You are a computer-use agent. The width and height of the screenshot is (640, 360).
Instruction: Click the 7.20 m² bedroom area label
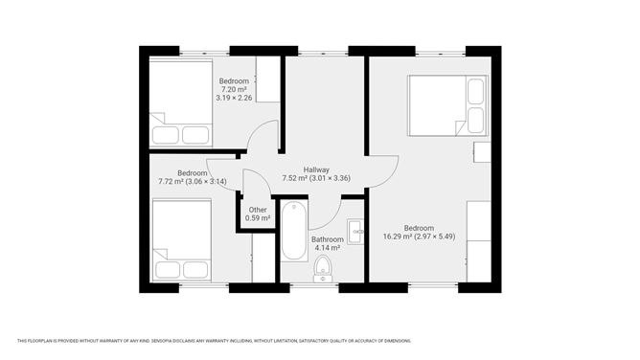tap(234, 89)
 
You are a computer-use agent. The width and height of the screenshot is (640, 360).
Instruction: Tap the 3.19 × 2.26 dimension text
tap(234, 98)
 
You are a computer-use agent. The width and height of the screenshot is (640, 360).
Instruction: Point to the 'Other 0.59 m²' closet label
tap(257, 214)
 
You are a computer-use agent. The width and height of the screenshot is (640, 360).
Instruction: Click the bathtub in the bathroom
tap(292, 231)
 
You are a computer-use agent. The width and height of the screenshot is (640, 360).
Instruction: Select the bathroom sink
tap(355, 231)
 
